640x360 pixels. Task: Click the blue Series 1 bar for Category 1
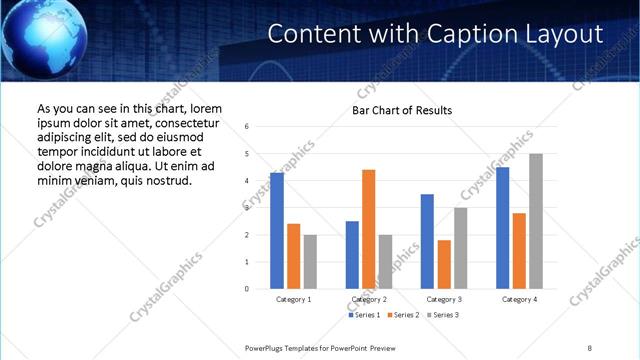click(x=277, y=231)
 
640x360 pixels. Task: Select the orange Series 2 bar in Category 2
click(x=368, y=229)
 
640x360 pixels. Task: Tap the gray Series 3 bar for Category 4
click(x=536, y=221)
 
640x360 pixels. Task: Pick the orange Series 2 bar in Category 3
click(x=444, y=264)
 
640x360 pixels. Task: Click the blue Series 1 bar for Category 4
click(x=502, y=228)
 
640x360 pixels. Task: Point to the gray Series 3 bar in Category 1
click(x=310, y=262)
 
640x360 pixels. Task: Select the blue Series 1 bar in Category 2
click(x=352, y=255)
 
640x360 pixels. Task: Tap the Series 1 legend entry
click(x=363, y=315)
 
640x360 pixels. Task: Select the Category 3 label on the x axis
click(x=443, y=299)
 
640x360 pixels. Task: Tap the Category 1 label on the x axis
click(x=294, y=299)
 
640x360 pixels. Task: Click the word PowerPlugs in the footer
click(x=267, y=347)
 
